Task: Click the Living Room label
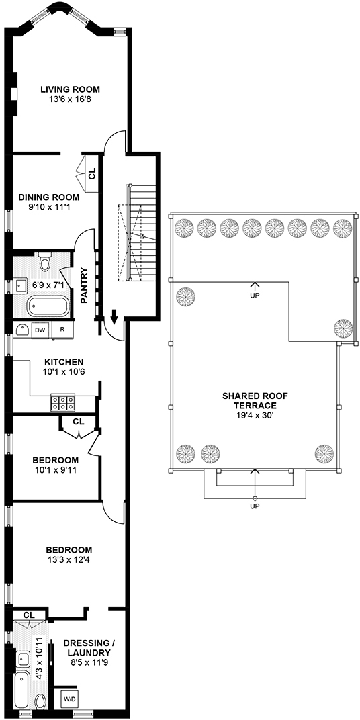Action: (x=70, y=89)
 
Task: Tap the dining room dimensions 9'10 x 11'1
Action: (x=48, y=207)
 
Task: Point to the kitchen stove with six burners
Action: (x=63, y=403)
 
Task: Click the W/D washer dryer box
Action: (x=70, y=699)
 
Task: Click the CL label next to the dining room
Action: (x=92, y=173)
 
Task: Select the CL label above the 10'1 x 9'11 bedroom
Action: (x=79, y=422)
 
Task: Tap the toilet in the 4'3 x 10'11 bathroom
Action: (x=40, y=702)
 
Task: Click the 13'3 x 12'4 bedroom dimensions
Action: (x=69, y=559)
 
